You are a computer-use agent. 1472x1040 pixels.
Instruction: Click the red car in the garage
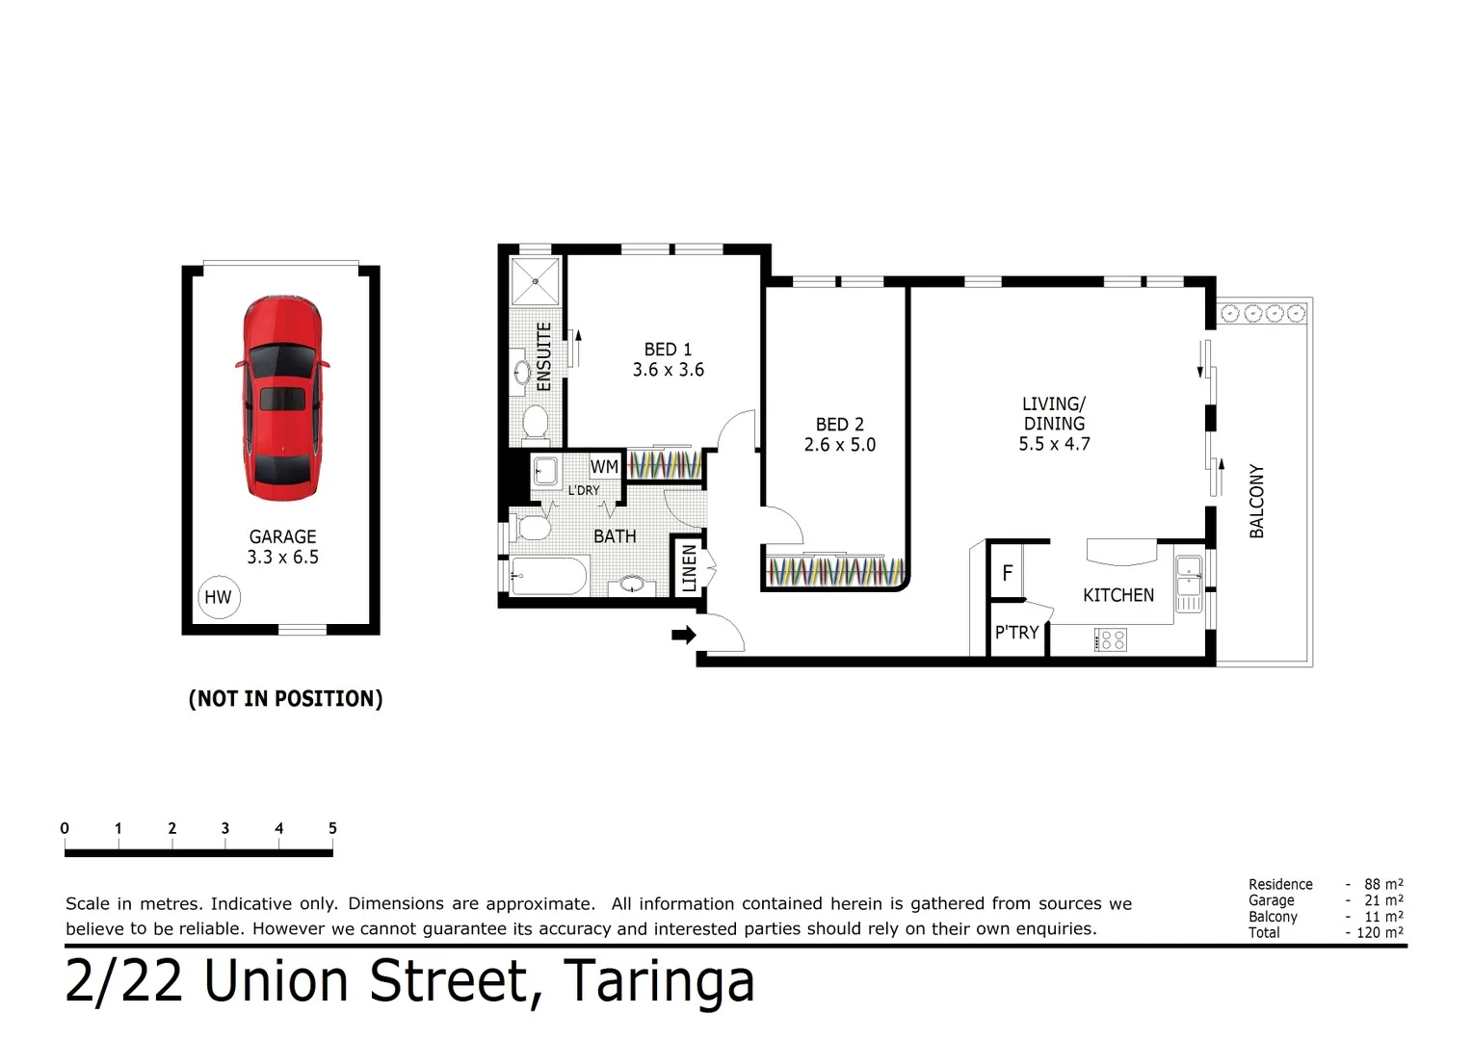point(281,399)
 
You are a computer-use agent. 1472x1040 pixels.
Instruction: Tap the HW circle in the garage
point(218,597)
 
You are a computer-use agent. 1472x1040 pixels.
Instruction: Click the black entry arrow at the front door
point(683,635)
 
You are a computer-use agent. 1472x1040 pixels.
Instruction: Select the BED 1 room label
point(668,350)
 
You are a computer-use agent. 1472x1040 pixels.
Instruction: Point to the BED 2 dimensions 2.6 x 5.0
point(839,445)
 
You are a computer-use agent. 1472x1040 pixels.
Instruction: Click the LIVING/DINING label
point(1054,413)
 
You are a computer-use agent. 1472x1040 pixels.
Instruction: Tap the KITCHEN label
point(1117,595)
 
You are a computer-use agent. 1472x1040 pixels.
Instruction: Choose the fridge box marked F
point(1007,574)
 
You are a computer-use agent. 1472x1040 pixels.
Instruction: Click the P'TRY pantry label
point(1016,633)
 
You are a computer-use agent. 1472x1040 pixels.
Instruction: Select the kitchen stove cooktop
point(1110,639)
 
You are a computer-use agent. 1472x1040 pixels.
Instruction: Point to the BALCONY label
point(1256,501)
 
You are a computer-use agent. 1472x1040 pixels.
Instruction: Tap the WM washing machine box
point(604,467)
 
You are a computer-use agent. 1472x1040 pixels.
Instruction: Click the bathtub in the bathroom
point(547,576)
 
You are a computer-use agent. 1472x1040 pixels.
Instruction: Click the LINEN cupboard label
point(689,567)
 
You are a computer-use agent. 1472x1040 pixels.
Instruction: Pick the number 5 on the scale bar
point(332,828)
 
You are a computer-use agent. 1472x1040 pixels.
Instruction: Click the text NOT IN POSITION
point(285,699)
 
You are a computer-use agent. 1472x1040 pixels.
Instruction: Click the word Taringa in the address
point(658,981)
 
